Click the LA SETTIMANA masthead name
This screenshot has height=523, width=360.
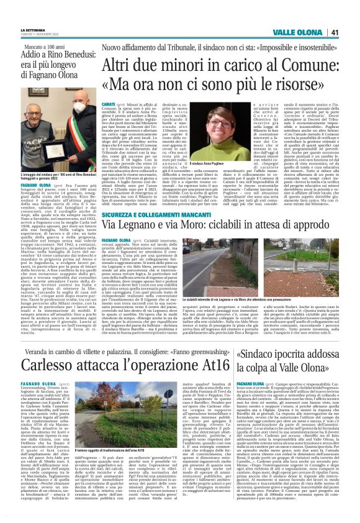pos(34,30)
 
